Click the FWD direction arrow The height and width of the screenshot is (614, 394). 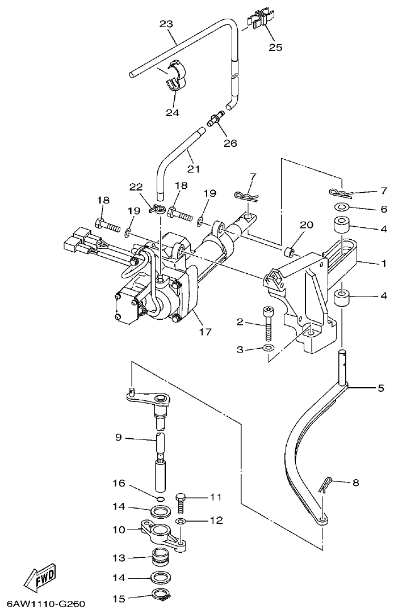coord(39,576)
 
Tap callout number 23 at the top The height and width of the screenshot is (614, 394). coord(166,24)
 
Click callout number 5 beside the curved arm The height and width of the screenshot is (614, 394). coord(380,388)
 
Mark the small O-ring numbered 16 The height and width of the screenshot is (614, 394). coord(161,498)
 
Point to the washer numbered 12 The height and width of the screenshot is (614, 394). coord(180,520)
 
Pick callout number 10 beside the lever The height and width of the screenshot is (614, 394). coord(118,530)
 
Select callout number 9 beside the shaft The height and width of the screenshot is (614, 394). coord(118,438)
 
